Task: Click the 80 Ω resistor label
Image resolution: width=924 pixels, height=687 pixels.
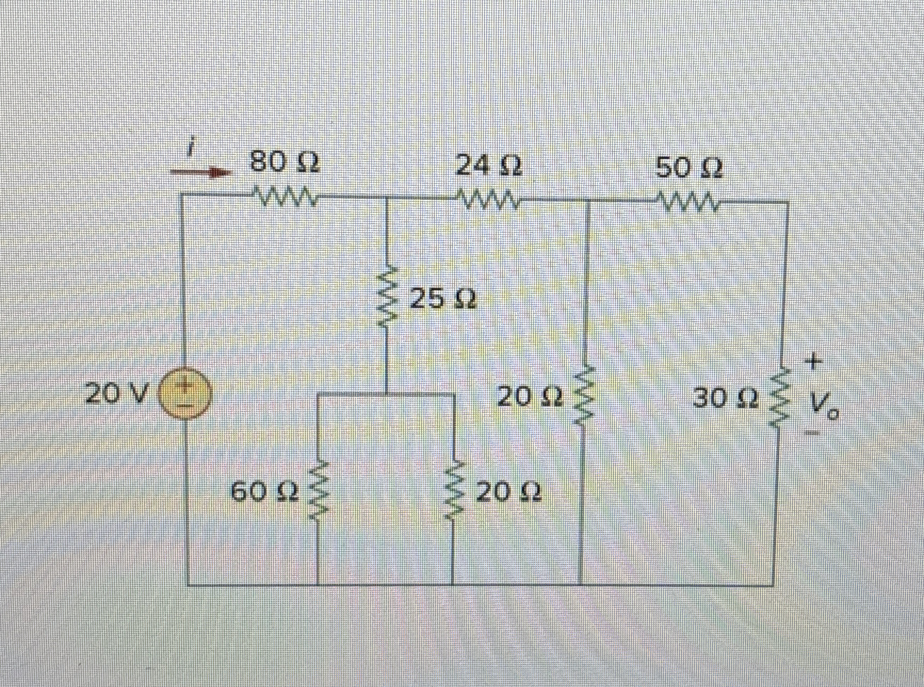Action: [285, 163]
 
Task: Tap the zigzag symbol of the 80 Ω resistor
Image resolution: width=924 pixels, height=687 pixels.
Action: [286, 197]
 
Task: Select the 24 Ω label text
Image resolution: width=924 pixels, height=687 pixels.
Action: [489, 166]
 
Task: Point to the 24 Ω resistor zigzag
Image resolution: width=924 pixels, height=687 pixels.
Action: [488, 200]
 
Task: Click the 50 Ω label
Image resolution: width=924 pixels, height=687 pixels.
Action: [688, 168]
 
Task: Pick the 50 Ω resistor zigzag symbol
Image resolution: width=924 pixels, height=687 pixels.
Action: [688, 202]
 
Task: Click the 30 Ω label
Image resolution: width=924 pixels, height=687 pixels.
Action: [725, 397]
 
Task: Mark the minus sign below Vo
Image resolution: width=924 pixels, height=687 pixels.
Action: [812, 434]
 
